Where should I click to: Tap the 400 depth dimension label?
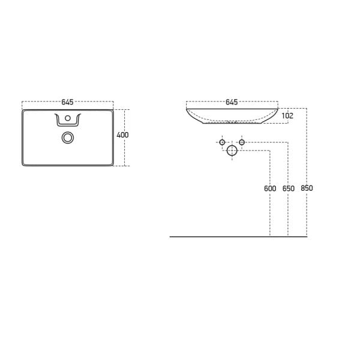pos(122,135)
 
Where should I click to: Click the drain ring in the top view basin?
pos(68,137)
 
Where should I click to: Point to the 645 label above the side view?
pos(232,102)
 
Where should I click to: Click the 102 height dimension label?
pos(287,116)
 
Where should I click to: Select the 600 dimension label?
pos(270,188)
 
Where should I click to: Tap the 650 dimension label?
pos(288,188)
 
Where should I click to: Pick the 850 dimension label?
pos(307,188)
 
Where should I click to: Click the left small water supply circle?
pos(221,143)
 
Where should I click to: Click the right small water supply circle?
pos(242,143)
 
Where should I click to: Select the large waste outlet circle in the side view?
pos(232,152)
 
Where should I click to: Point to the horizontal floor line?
pos(240,236)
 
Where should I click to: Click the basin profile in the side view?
pos(232,117)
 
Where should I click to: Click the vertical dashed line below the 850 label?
pos(307,216)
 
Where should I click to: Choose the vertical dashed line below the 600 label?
pos(270,216)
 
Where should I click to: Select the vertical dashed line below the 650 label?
pos(288,216)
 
